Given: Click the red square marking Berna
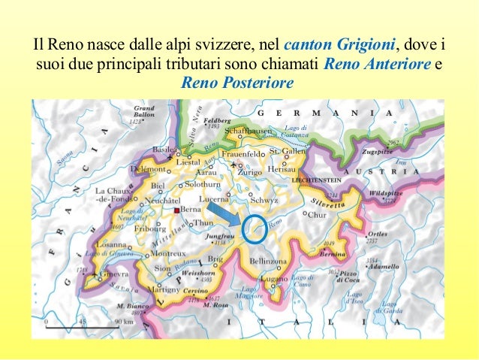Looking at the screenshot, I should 176,210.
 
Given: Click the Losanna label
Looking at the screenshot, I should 111,245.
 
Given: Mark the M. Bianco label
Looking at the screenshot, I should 131,306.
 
